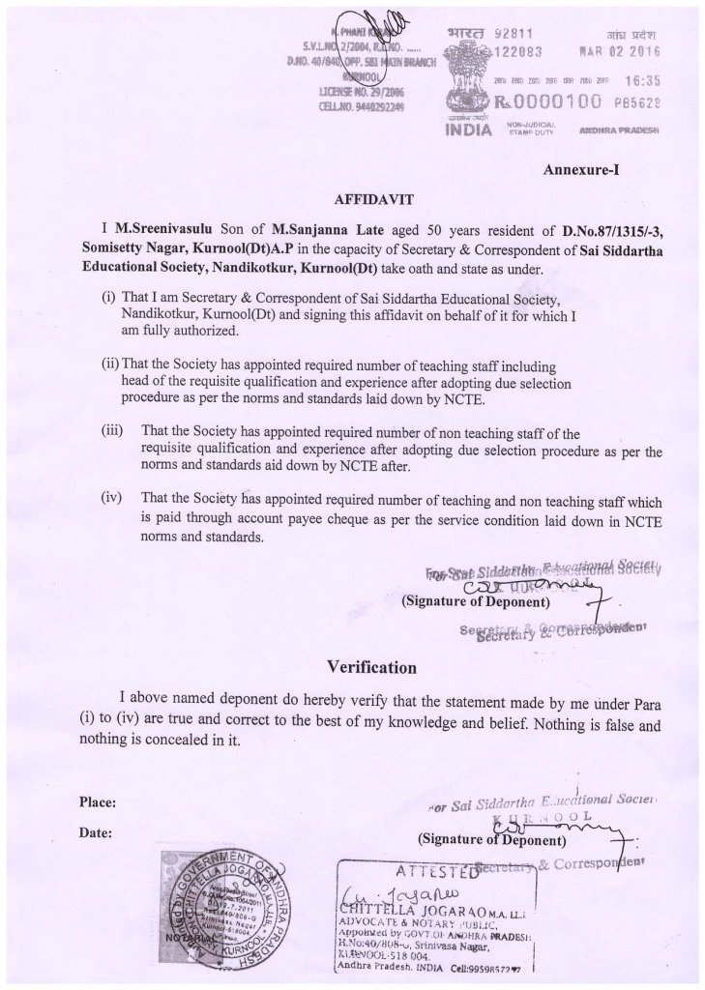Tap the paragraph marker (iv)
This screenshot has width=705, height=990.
pos(113,499)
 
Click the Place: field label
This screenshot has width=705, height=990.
pos(98,802)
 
